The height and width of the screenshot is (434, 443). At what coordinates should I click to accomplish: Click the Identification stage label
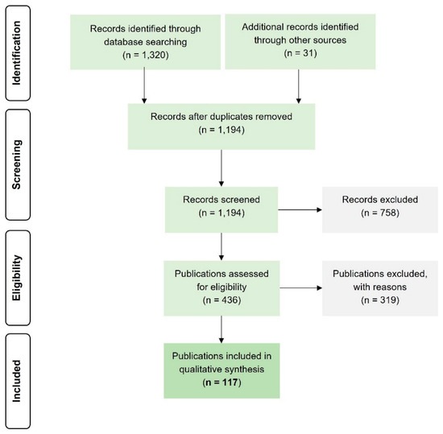pos(16,53)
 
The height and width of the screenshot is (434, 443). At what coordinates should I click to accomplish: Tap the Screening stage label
pos(16,164)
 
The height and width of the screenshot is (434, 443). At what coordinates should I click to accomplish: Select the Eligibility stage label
pos(16,278)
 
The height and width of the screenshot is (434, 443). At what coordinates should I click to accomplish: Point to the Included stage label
pos(16,381)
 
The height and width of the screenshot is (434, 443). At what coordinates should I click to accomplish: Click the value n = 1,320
pos(146,55)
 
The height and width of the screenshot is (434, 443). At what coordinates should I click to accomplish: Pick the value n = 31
pos(300,53)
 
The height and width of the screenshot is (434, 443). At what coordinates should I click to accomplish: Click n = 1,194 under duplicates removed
pos(221,130)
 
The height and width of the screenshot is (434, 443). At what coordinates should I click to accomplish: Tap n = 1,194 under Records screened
pos(221,213)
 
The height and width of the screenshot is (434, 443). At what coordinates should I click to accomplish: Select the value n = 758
pos(380,213)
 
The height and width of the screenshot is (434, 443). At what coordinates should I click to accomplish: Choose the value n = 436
pos(221,300)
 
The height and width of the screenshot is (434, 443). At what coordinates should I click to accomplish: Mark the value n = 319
pos(380,300)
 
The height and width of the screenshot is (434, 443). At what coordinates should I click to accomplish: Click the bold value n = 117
pos(221,382)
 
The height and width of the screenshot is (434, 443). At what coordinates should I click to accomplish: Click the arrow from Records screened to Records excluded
pos(300,210)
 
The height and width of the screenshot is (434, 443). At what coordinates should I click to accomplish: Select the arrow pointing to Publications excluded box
pos(301,288)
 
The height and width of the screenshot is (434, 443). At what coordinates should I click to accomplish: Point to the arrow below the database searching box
pos(144,85)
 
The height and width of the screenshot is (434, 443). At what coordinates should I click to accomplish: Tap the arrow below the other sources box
pos(299,86)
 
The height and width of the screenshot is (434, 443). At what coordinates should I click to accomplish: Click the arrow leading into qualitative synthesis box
pos(221,329)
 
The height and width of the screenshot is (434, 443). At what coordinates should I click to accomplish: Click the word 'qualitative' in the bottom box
pos(200,370)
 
